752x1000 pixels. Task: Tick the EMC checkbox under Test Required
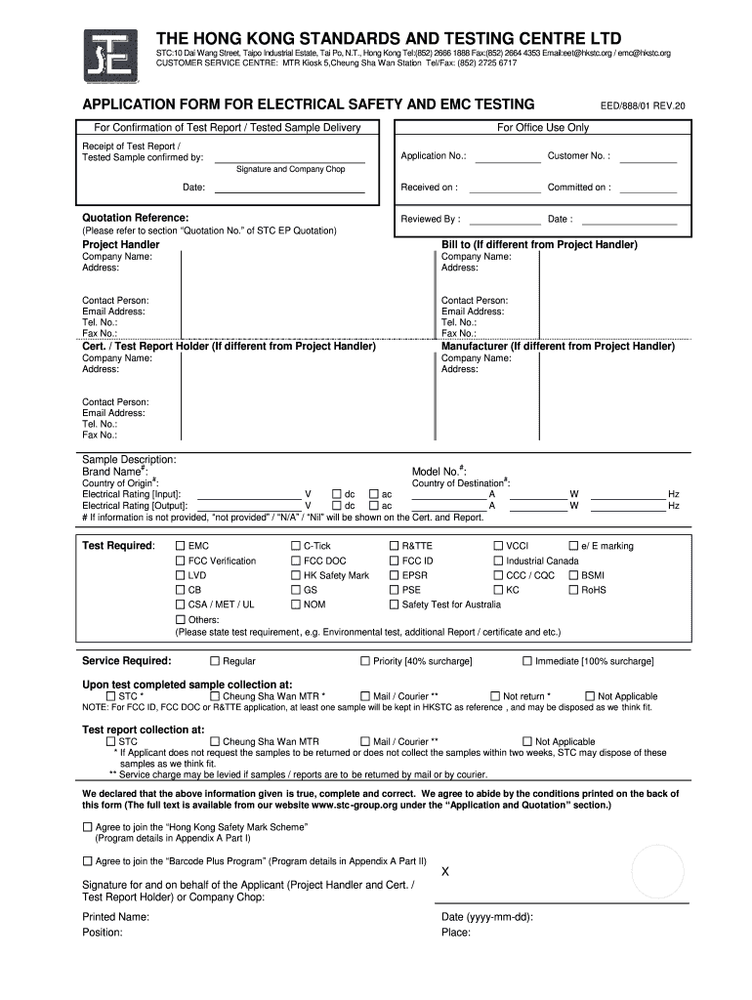180,546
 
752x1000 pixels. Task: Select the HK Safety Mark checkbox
295,575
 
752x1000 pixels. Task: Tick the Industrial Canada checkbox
497,561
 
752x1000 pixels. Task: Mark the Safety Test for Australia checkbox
394,604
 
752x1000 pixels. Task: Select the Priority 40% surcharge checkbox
365,661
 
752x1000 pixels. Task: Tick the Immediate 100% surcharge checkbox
527,661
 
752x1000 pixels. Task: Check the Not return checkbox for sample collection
494,696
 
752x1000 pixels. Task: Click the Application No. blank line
508,161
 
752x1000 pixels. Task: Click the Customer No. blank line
648,161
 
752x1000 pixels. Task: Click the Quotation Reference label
135,217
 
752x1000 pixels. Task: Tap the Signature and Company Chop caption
290,169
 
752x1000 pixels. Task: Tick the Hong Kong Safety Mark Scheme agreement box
87,826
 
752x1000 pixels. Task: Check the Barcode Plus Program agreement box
87,860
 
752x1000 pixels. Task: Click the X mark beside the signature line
446,871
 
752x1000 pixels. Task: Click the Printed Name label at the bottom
115,917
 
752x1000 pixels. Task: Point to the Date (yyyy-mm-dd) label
486,917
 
